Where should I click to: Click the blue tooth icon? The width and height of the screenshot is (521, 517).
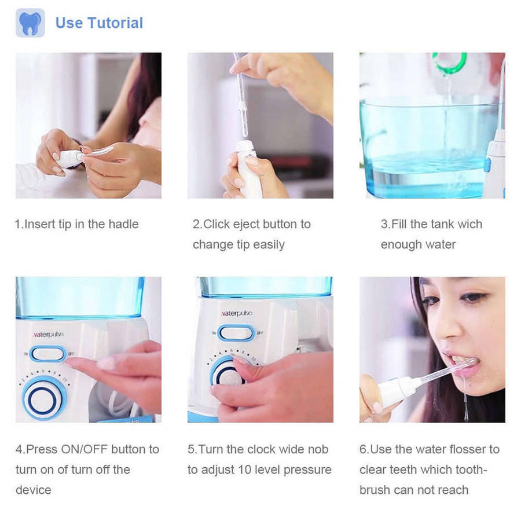30,23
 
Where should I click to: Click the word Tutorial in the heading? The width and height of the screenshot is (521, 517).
115,23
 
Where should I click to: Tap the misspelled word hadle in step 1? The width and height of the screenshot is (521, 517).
124,224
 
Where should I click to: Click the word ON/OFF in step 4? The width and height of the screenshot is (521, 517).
85,449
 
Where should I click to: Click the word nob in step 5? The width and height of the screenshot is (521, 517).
318,449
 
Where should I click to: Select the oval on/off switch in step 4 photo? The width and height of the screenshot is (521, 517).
48,354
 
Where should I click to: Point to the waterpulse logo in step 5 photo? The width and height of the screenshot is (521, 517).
237,313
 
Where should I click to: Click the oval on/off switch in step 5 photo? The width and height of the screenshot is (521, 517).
236,333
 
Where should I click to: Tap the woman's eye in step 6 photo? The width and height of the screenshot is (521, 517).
472,296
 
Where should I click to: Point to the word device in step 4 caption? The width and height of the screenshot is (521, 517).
33,490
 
